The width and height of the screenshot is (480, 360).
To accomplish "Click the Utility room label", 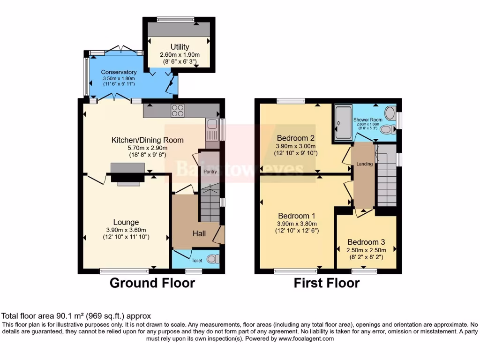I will (x=180, y=47).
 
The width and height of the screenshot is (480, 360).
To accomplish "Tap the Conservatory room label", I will (x=119, y=72).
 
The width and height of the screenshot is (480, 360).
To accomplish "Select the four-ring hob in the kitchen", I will (x=178, y=111).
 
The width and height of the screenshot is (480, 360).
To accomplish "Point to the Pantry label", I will (x=209, y=172).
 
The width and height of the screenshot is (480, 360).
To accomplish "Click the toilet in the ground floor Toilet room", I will (x=212, y=259).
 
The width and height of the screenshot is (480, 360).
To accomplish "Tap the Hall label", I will (x=199, y=233).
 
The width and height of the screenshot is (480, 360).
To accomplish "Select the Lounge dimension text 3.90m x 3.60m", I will (x=126, y=230).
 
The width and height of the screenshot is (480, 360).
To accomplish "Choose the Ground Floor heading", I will (x=152, y=283).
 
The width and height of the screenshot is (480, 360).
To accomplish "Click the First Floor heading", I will (x=326, y=283).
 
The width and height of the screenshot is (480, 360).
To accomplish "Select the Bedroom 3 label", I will (x=366, y=242).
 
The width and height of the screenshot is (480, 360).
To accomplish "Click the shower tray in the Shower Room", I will (x=342, y=123).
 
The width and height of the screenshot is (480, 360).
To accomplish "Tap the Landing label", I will (x=364, y=164).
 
